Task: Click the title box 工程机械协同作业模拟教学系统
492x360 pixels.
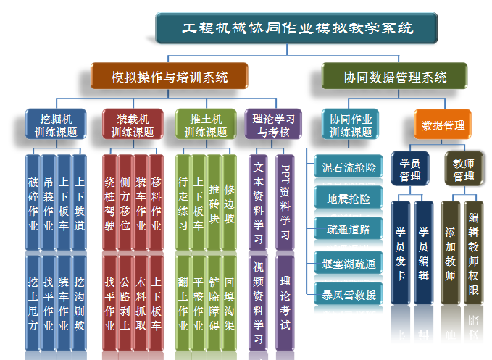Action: click(x=296, y=28)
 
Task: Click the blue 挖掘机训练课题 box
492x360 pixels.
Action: click(x=56, y=125)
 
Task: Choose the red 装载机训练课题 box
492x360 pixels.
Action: click(x=133, y=125)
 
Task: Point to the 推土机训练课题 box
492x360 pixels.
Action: click(x=206, y=125)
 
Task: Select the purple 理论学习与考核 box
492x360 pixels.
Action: click(x=274, y=125)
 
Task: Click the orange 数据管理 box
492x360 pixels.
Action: click(x=443, y=125)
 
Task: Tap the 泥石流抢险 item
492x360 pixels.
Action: click(x=349, y=167)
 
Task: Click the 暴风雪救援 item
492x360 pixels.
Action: click(x=349, y=295)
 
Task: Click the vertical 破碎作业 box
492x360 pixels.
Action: click(x=33, y=203)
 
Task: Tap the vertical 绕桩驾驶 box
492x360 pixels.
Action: click(x=109, y=203)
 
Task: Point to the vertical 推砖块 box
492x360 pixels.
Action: click(x=214, y=203)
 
